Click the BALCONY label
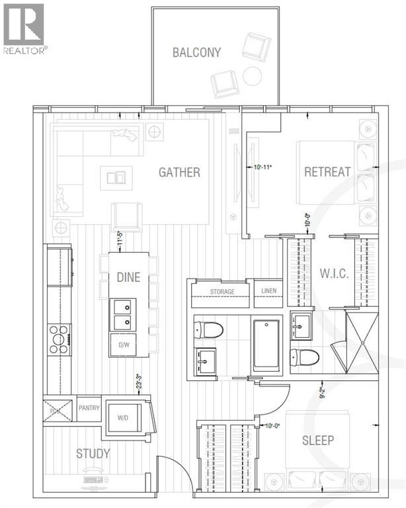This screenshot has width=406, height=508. point(196,52)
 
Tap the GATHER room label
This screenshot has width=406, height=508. point(179,173)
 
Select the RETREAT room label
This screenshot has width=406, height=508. point(327,172)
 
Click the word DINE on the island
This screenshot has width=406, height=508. point(128,278)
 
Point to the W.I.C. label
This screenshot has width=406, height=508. point(335,273)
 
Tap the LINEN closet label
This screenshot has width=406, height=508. point(268,292)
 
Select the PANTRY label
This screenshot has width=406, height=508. point(88,408)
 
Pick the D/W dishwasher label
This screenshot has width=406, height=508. point(124,345)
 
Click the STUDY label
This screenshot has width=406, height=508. point(93,454)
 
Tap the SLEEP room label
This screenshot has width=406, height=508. point(317,441)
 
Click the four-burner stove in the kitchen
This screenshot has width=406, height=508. point(59,339)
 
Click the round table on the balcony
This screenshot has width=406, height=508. point(252,76)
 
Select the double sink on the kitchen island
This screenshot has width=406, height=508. point(123,315)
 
